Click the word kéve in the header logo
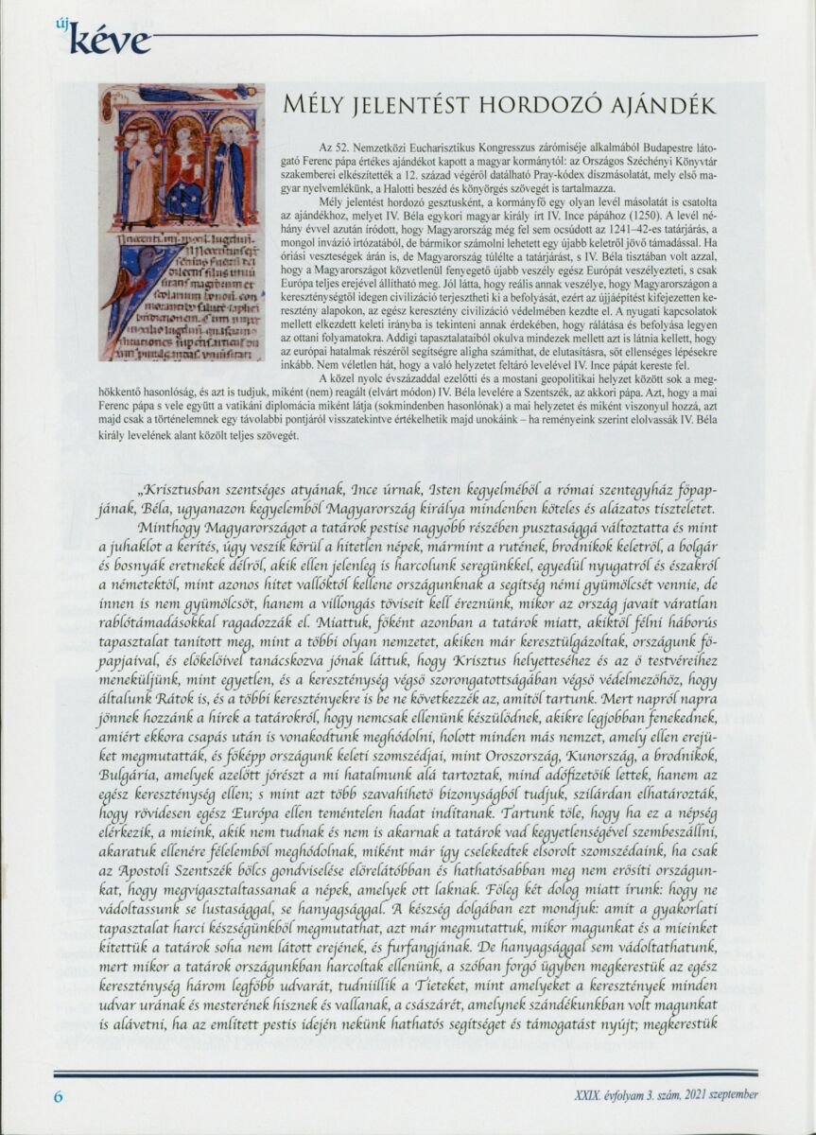[112, 40]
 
